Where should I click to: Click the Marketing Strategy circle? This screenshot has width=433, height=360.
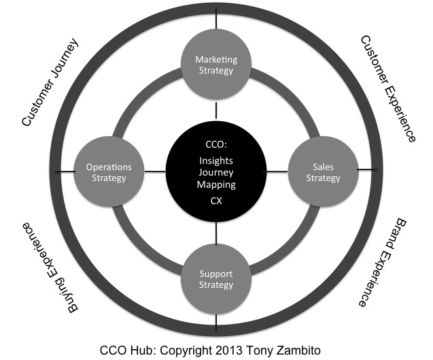216,65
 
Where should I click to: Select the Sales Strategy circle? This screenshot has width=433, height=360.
323,171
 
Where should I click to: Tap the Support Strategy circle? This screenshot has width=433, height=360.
216,279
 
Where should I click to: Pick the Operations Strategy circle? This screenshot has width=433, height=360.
109,171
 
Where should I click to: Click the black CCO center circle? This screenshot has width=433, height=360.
216,171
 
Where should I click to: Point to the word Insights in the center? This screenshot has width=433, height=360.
216,161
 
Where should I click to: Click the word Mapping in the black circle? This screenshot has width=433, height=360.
216,184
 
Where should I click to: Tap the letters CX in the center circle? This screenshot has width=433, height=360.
216,201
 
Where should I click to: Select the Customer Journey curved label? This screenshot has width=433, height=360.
50,82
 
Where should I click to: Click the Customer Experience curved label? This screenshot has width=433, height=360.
388,88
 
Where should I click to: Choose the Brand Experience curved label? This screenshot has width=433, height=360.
383,262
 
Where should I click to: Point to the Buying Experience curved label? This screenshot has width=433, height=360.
50,267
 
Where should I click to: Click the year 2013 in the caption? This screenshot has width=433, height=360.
228,350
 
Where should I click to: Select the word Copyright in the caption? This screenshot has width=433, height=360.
186,350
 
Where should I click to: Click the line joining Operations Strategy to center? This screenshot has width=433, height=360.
155,171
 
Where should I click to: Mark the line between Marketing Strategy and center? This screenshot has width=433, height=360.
216,111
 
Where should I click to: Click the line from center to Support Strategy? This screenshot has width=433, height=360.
216,233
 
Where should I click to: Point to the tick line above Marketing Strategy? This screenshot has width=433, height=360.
216,18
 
